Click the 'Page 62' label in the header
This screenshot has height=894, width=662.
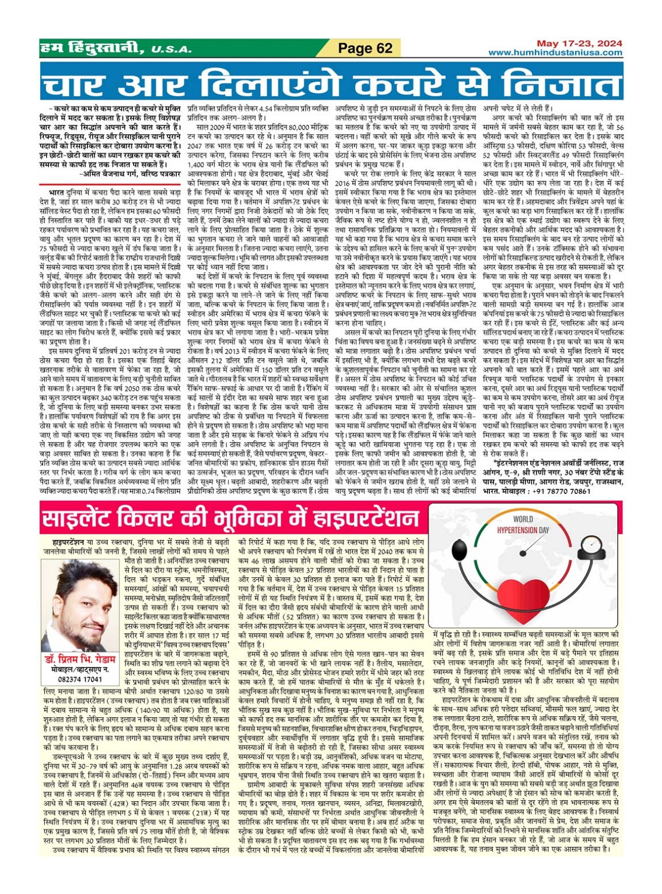point(365,48)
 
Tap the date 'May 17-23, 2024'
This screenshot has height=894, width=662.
point(571,43)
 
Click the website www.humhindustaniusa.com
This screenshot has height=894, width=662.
point(555,52)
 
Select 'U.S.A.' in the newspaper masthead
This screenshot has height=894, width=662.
point(171,50)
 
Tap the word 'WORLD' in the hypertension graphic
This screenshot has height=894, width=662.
point(523,519)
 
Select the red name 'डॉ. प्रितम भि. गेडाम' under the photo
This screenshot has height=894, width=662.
point(79,660)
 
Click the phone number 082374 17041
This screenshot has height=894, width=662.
point(79,679)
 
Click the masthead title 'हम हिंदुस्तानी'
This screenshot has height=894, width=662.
point(93,48)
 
